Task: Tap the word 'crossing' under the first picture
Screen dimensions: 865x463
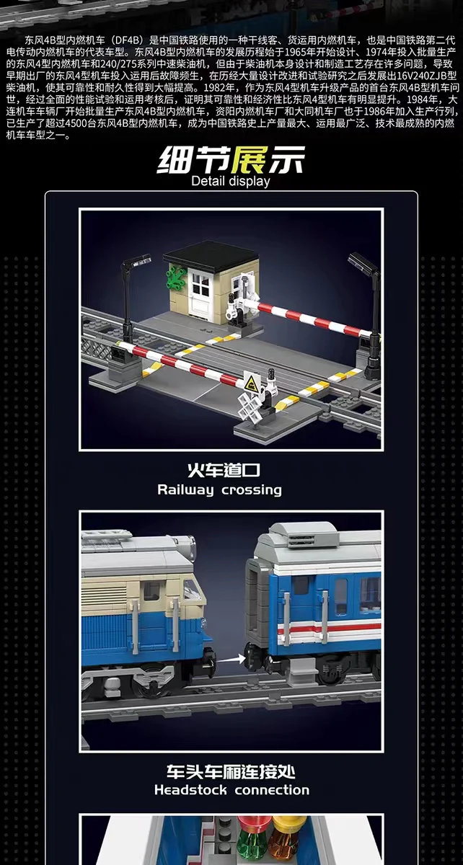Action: (x=252, y=490)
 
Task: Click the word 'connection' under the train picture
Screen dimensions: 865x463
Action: (x=270, y=790)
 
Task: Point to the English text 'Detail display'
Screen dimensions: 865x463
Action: (x=231, y=180)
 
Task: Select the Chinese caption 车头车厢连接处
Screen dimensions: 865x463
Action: (x=231, y=771)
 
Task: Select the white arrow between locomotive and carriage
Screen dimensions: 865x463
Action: (x=232, y=657)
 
